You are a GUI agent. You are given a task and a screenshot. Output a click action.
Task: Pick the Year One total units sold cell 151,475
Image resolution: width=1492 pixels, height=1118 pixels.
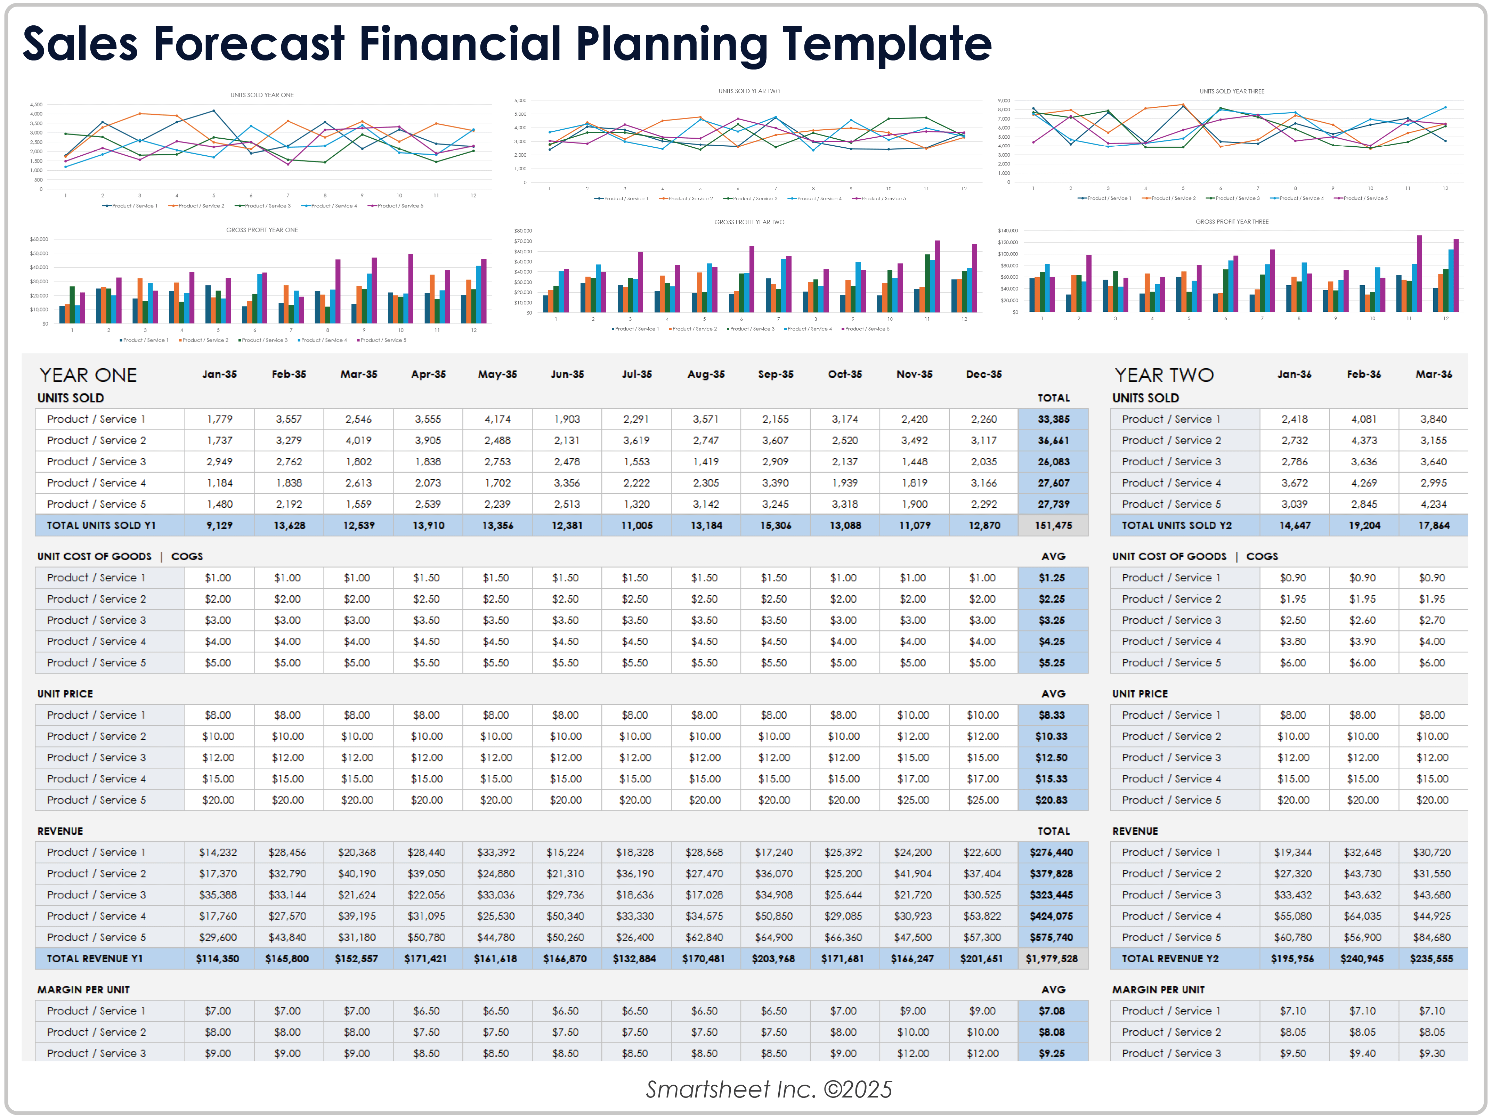tap(1053, 525)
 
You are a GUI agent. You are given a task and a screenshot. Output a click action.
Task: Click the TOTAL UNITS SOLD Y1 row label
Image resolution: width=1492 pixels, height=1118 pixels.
tap(101, 525)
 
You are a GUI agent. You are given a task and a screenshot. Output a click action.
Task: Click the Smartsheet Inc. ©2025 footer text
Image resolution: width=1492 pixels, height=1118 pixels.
tap(769, 1089)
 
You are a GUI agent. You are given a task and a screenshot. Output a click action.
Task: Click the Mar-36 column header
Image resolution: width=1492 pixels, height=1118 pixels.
tap(1433, 374)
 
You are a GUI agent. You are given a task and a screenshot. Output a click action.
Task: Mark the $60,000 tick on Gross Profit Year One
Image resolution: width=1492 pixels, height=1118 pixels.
tap(39, 239)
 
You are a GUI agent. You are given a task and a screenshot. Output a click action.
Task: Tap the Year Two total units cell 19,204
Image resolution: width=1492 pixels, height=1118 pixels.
tap(1364, 525)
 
